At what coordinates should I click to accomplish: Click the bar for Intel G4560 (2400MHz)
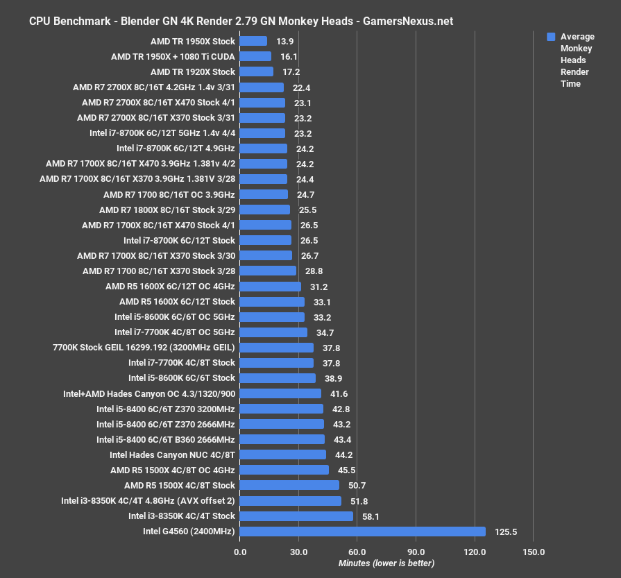click(x=363, y=532)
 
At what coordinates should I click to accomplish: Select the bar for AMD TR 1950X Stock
click(x=253, y=41)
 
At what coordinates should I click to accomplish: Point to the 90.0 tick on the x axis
click(x=416, y=552)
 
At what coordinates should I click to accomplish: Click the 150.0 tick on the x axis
click(x=534, y=552)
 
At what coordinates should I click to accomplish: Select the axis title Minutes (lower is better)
click(x=386, y=563)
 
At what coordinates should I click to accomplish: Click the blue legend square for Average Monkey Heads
click(x=551, y=37)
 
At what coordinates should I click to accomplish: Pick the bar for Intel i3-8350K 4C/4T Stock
click(x=296, y=516)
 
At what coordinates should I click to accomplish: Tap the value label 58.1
click(x=370, y=516)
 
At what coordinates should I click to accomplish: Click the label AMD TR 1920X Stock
click(x=193, y=71)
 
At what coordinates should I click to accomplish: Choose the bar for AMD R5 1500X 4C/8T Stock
click(x=289, y=486)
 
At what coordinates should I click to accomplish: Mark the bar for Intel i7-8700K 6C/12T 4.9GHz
click(x=264, y=148)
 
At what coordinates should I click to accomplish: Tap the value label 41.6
click(x=338, y=393)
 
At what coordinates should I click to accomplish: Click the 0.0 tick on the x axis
click(x=240, y=552)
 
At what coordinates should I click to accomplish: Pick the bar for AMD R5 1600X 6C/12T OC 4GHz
click(x=271, y=287)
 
